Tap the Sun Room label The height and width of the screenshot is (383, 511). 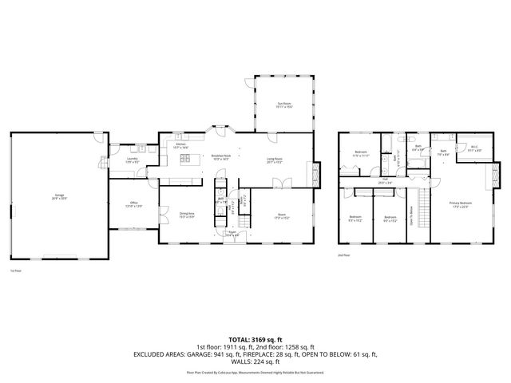tap(284, 105)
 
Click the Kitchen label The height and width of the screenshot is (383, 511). tap(181, 144)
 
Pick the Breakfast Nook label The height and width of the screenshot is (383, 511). tap(222, 158)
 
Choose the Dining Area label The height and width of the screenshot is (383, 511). tap(187, 214)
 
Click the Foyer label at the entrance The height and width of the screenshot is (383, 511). tap(232, 234)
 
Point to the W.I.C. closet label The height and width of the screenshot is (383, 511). tap(473, 148)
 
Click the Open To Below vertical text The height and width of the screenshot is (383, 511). tap(412, 215)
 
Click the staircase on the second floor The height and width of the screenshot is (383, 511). tap(423, 215)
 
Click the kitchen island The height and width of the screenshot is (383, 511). tap(189, 160)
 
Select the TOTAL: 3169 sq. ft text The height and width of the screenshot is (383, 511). tap(255, 338)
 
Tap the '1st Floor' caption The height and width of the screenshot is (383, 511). tap(15, 270)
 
